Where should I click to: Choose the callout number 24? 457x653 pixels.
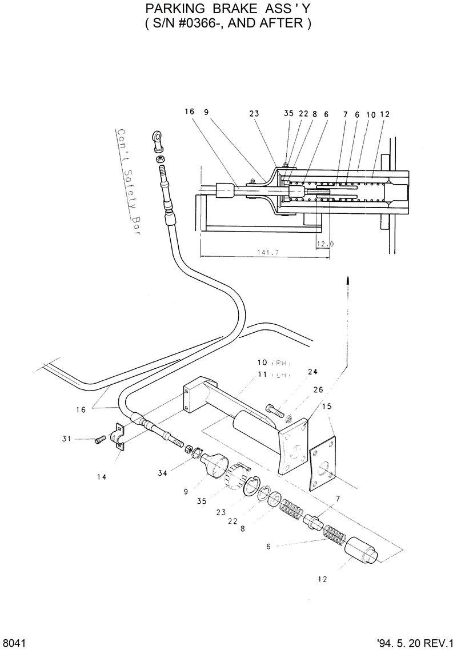tap(312, 371)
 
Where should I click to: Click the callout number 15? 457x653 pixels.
tap(327, 407)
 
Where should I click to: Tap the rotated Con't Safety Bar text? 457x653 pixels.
tap(129, 181)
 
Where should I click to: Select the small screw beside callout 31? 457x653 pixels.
tap(101, 439)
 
